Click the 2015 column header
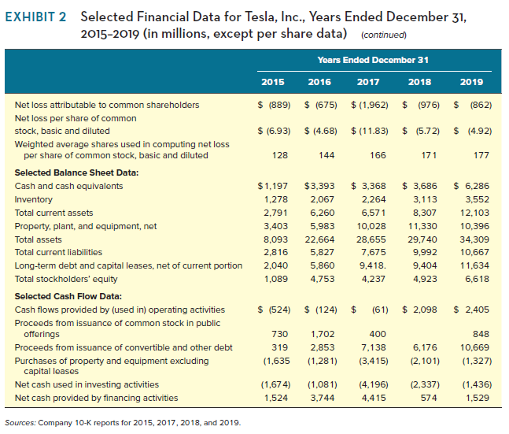click(x=272, y=82)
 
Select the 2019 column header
click(x=472, y=82)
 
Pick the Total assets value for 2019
click(x=472, y=239)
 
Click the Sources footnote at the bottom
click(x=123, y=423)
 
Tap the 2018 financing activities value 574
click(x=427, y=398)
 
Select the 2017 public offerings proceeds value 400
click(x=377, y=335)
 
